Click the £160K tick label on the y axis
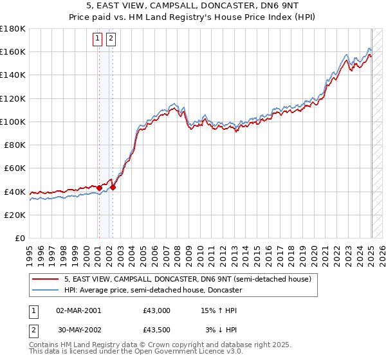[x=13, y=51]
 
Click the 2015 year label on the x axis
[x=257, y=252]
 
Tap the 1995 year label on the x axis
[x=30, y=252]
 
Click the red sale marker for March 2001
[x=99, y=188]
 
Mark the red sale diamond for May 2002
[x=113, y=188]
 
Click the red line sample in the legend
[x=46, y=280]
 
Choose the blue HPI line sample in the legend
[x=46, y=291]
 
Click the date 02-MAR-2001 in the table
[x=78, y=310]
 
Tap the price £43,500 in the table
[x=157, y=330]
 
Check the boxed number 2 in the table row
[x=33, y=330]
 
